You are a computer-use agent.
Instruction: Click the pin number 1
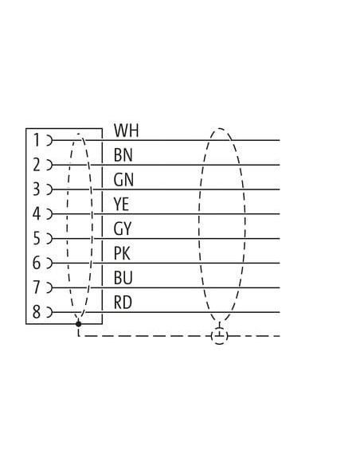(37, 140)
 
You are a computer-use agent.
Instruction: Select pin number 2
(37, 165)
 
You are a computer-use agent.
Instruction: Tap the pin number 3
(37, 190)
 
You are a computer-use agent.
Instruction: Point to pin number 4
(37, 214)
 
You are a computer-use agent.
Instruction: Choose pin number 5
(37, 238)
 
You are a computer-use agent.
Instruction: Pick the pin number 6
(37, 263)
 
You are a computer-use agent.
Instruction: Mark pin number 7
(37, 287)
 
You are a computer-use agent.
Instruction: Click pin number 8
(37, 312)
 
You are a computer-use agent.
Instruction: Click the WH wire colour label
(127, 131)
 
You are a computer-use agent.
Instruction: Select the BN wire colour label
(123, 155)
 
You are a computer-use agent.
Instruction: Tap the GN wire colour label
(123, 180)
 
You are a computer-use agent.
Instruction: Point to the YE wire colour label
(121, 205)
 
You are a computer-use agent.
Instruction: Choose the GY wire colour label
(122, 229)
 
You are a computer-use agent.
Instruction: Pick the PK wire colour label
(122, 253)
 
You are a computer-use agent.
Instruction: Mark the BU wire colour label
(123, 278)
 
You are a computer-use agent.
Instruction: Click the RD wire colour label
(123, 303)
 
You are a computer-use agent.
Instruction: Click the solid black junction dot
(78, 324)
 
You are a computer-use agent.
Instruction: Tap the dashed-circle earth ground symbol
(220, 336)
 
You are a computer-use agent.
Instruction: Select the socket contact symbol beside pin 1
(49, 140)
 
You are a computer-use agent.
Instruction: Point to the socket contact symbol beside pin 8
(49, 312)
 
